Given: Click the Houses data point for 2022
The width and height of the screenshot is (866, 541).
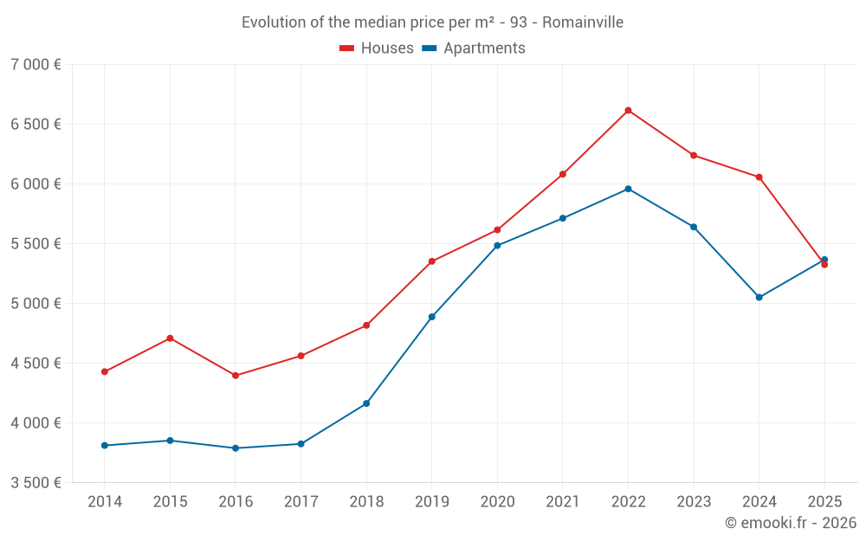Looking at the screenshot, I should pyautogui.click(x=628, y=110).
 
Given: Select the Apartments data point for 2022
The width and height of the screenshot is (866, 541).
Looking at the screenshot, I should pyautogui.click(x=628, y=189).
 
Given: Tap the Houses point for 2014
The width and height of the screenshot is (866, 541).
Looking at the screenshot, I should pyautogui.click(x=105, y=371).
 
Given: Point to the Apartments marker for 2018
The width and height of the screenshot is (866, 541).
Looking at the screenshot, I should pyautogui.click(x=366, y=403).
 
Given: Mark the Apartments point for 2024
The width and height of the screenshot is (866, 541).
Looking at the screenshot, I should pyautogui.click(x=759, y=297).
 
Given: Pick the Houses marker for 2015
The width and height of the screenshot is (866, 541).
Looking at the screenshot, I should pyautogui.click(x=170, y=338).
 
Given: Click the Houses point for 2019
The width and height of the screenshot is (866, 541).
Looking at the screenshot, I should pyautogui.click(x=432, y=261).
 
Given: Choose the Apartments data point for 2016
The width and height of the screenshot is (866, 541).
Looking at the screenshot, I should pyautogui.click(x=236, y=448).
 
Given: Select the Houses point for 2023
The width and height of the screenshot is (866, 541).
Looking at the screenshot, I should pyautogui.click(x=694, y=155).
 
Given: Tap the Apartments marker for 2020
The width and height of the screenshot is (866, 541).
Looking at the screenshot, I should pyautogui.click(x=497, y=245).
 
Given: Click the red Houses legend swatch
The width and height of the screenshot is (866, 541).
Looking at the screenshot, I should pyautogui.click(x=347, y=48).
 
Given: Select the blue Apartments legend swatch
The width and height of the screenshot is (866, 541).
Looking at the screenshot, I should pyautogui.click(x=430, y=48).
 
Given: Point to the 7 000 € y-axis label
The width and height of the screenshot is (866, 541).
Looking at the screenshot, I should pyautogui.click(x=36, y=65).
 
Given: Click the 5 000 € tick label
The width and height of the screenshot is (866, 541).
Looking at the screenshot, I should pyautogui.click(x=36, y=304).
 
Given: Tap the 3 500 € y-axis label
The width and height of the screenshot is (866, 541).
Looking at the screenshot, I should pyautogui.click(x=36, y=483).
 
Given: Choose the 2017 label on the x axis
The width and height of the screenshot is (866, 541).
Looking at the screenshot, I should pyautogui.click(x=301, y=501).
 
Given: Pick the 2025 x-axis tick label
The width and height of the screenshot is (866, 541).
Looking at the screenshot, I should pyautogui.click(x=824, y=501).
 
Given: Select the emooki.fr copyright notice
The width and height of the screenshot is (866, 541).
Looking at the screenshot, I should pyautogui.click(x=791, y=523).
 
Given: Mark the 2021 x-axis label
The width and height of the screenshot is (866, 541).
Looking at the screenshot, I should pyautogui.click(x=563, y=501).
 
